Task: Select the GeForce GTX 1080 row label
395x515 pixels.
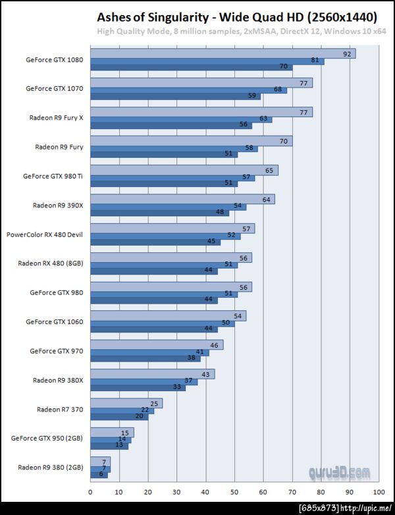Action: pos(55,59)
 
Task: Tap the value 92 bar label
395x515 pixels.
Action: pos(347,53)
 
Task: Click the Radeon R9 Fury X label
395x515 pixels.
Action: pos(56,118)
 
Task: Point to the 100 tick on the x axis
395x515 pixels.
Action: pos(379,491)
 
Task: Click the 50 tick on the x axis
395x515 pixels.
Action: pos(234,491)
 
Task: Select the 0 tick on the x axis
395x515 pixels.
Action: pos(90,491)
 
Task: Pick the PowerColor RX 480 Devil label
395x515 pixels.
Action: pos(45,234)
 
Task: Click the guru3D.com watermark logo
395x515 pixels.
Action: pos(340,472)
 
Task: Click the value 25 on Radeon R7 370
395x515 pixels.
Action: pos(154,404)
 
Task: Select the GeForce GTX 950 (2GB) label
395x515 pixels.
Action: pos(47,437)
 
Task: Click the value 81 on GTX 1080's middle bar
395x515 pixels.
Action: pos(315,61)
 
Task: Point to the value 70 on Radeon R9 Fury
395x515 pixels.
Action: pos(284,142)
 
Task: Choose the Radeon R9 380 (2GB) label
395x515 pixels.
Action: pos(51,467)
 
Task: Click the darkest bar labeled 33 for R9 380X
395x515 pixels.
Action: pos(138,387)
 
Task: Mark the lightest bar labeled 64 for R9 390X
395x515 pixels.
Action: pos(182,199)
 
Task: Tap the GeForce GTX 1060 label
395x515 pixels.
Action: pos(55,322)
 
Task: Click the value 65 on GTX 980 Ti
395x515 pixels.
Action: pos(269,171)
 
